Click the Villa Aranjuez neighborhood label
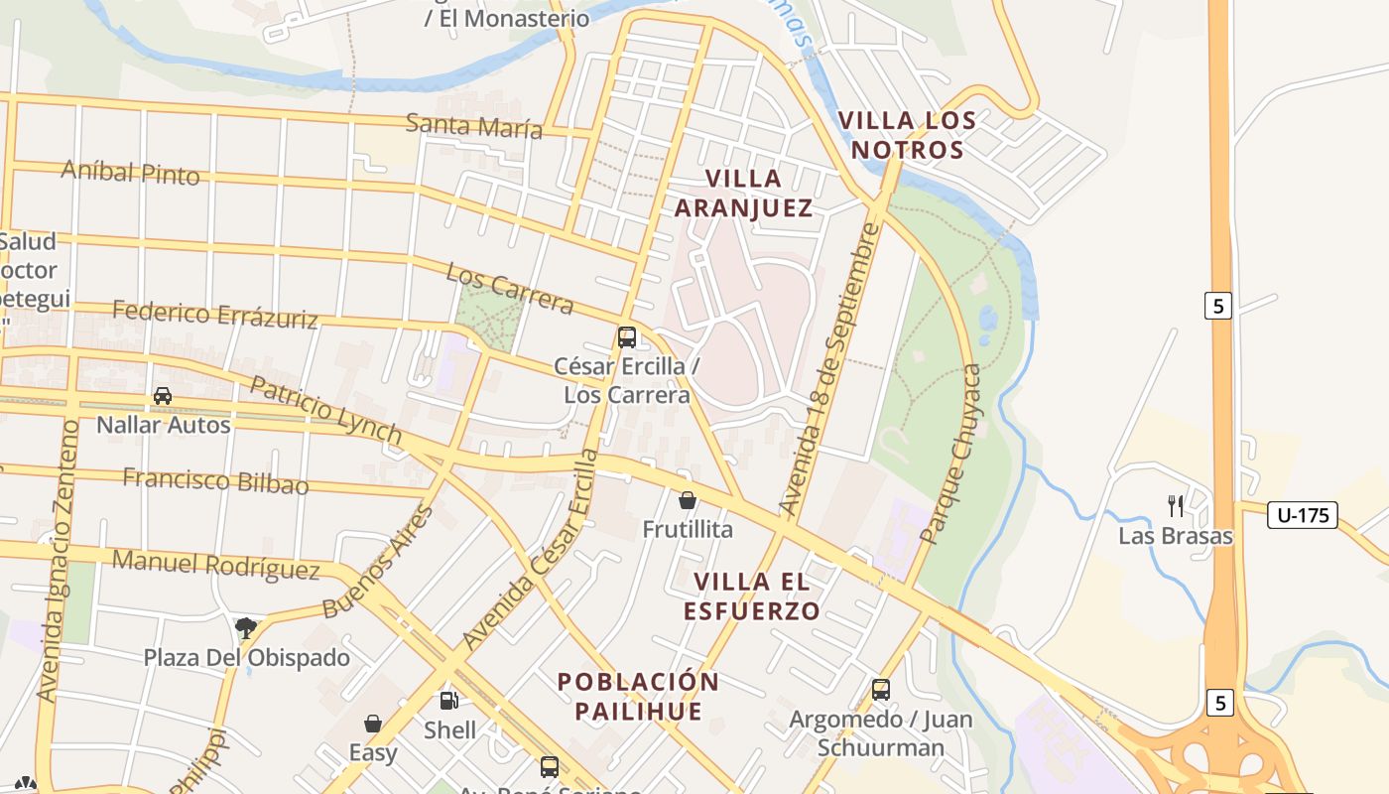click(x=743, y=193)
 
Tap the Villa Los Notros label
click(x=907, y=135)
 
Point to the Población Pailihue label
click(x=638, y=697)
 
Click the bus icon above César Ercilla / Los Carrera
click(x=627, y=336)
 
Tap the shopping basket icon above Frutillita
click(x=687, y=500)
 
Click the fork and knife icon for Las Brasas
click(x=1176, y=506)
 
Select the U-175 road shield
click(x=1302, y=515)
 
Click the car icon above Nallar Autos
click(x=163, y=396)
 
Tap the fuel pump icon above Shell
click(x=449, y=701)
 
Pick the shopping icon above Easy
click(x=373, y=724)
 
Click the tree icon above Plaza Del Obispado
click(x=246, y=626)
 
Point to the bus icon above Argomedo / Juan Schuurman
click(x=881, y=689)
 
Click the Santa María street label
click(x=474, y=126)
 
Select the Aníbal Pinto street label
click(x=130, y=172)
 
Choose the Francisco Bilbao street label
click(x=215, y=481)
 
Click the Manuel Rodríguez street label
click(x=215, y=564)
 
